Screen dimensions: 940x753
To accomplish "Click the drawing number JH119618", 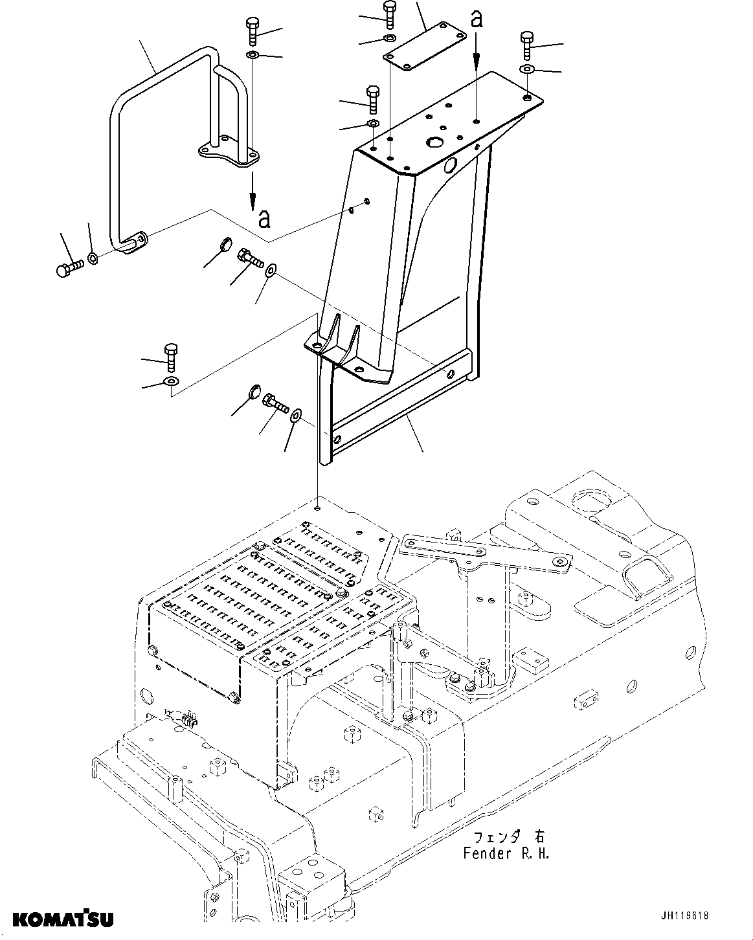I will (684, 915).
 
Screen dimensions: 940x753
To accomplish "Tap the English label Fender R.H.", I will (506, 853).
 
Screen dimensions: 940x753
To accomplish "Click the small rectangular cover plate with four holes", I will (425, 42).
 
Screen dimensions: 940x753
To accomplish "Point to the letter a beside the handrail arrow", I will (264, 219).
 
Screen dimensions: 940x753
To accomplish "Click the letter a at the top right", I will (477, 19).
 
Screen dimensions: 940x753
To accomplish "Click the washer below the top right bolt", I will (527, 69).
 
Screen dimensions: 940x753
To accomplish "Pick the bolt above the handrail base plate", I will (252, 31).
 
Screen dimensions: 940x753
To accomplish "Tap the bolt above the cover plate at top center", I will (388, 14).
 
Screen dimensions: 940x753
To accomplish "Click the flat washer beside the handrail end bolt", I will (93, 259).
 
